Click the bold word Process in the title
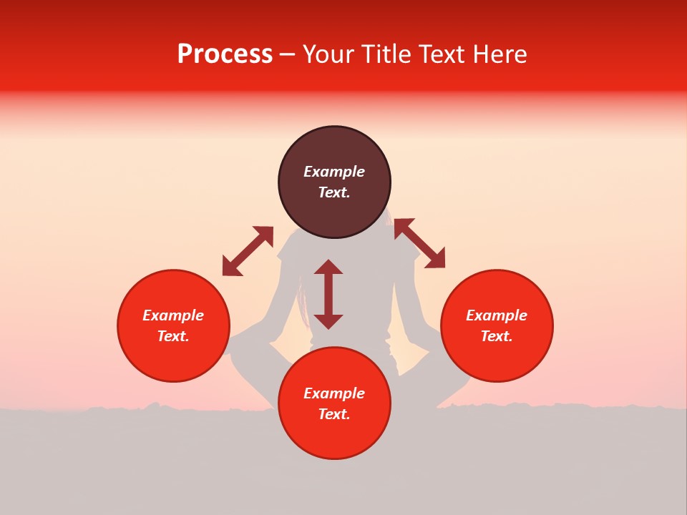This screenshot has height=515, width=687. [x=225, y=54]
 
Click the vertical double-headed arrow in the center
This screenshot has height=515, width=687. [x=328, y=294]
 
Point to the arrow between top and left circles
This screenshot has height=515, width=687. [x=248, y=251]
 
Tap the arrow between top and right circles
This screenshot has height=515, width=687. [x=420, y=243]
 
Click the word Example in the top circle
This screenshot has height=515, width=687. [x=334, y=172]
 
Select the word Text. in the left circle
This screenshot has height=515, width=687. [x=173, y=336]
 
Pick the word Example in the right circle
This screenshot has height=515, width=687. [x=497, y=315]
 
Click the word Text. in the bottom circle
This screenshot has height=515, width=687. [x=334, y=414]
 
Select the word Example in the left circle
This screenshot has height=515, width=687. [x=173, y=315]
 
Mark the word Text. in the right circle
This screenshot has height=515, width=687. [x=497, y=336]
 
